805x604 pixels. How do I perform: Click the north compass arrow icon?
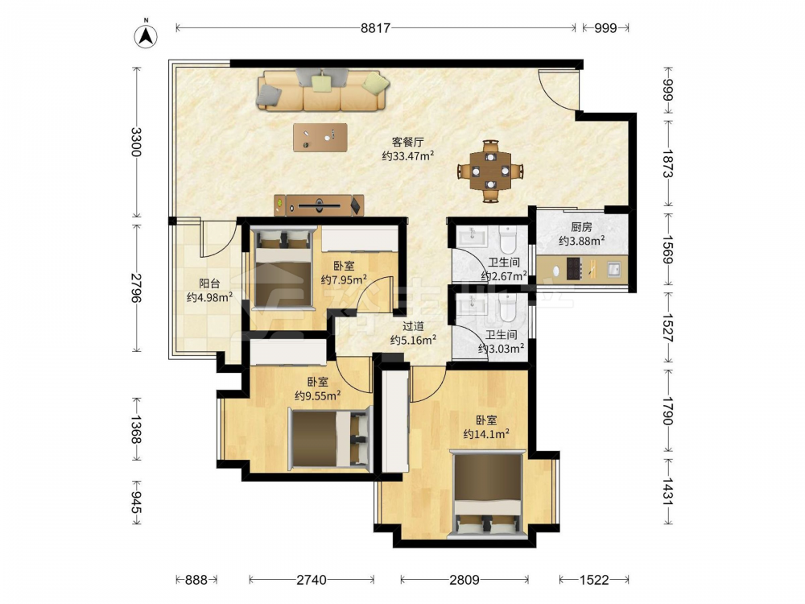coord(146,35)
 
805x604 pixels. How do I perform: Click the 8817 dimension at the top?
coord(375,27)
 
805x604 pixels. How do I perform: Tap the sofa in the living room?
coord(322,90)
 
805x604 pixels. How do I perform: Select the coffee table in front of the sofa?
coord(320,137)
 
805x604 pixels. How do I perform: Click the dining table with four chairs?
coord(491,171)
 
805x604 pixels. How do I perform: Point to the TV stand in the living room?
coord(319,205)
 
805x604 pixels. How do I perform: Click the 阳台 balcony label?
coord(209,283)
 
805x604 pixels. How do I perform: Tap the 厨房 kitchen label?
coord(581,227)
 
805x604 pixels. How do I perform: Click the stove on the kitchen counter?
coord(574,269)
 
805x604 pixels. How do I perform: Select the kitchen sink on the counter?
coord(613,268)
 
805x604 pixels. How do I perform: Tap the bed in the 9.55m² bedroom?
coord(330,437)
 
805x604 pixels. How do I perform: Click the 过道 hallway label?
coord(413,326)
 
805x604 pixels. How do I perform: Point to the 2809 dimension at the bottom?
coord(464,580)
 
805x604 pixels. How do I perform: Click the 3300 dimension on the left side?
coord(136,143)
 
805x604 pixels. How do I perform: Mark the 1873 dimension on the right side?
coord(668,163)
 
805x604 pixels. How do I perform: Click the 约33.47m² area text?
coord(408,155)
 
